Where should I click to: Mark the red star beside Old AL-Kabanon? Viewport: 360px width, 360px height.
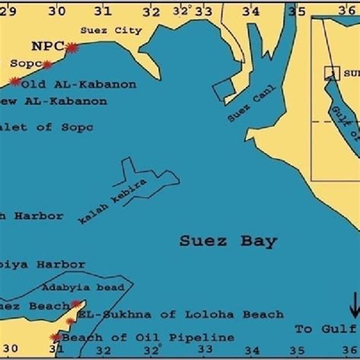pyautogui.click(x=14, y=81)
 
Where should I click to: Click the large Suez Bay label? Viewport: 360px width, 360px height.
pyautogui.click(x=229, y=242)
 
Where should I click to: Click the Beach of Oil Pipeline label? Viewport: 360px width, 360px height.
pyautogui.click(x=121, y=336)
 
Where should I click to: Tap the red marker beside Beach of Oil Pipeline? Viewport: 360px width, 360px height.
pyautogui.click(x=55, y=336)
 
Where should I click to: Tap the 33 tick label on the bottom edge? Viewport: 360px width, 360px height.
pyautogui.click(x=204, y=350)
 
